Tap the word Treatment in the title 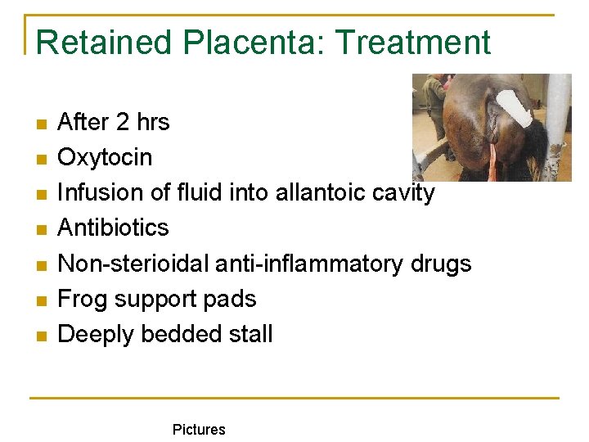(x=413, y=43)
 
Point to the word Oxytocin (x=106, y=157)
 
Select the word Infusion (x=91, y=193)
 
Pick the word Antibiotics (x=114, y=228)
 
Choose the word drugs (x=442, y=264)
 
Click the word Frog (x=83, y=300)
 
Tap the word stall (x=248, y=334)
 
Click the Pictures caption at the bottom (x=199, y=430)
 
